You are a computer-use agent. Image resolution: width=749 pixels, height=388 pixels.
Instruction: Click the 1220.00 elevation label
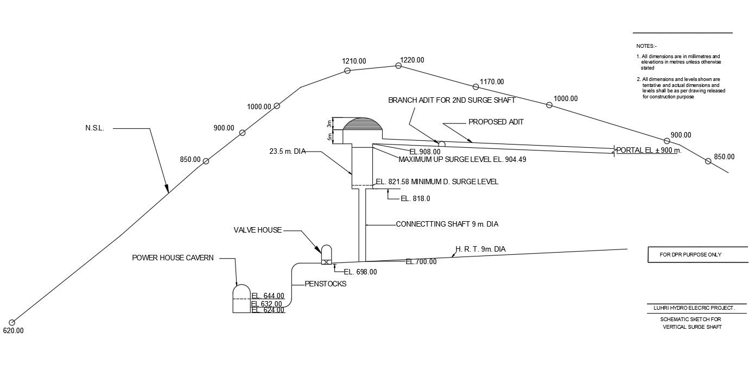point(412,60)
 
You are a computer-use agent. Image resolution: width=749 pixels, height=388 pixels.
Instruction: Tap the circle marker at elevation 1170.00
point(475,87)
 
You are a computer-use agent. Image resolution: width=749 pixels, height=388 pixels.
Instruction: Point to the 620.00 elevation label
point(14,330)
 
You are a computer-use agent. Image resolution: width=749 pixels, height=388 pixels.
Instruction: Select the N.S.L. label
point(94,128)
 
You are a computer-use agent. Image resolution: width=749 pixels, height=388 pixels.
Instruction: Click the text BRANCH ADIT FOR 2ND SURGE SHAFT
point(452,101)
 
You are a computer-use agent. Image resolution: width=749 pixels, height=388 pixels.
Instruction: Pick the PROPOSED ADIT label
point(496,122)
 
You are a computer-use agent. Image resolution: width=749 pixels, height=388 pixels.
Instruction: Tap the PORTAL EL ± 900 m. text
point(649,151)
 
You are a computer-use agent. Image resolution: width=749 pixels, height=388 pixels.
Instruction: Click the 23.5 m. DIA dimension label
point(287,152)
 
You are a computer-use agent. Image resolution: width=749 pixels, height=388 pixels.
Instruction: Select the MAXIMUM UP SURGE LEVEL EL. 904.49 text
point(462,160)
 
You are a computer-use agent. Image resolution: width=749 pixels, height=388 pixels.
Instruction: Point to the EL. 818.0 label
point(415,199)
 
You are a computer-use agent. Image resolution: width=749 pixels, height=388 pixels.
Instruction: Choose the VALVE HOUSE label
point(258,230)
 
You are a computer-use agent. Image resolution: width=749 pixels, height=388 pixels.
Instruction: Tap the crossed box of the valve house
point(326,262)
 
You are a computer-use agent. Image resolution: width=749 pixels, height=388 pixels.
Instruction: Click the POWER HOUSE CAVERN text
point(173,258)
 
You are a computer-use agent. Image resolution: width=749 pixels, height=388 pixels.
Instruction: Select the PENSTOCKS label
point(325,284)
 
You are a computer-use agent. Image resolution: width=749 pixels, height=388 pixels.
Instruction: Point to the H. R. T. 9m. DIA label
point(480,249)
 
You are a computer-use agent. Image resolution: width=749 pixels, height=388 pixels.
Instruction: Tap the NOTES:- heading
point(646,46)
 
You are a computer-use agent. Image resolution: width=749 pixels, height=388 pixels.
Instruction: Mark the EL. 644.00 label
point(268,296)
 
